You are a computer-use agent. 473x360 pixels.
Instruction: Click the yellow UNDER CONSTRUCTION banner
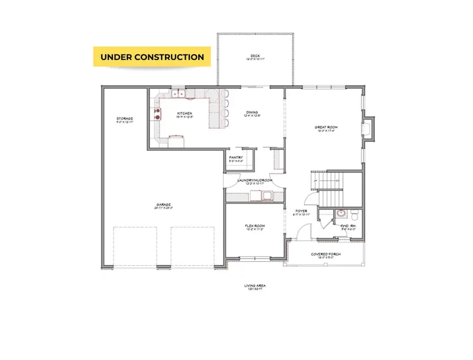152,57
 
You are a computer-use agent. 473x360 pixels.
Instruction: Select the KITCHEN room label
184,114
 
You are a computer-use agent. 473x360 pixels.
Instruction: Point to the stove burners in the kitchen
157,114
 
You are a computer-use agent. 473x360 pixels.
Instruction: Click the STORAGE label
125,119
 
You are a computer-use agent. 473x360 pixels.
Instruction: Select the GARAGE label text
163,205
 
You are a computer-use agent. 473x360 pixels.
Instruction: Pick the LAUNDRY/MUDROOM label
255,180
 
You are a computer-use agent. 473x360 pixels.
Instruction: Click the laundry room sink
266,197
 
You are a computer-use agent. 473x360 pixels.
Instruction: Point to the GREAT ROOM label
326,127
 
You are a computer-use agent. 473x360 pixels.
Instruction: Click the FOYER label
301,211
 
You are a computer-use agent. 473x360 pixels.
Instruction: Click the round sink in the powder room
341,214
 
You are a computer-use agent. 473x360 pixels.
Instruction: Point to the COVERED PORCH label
326,254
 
